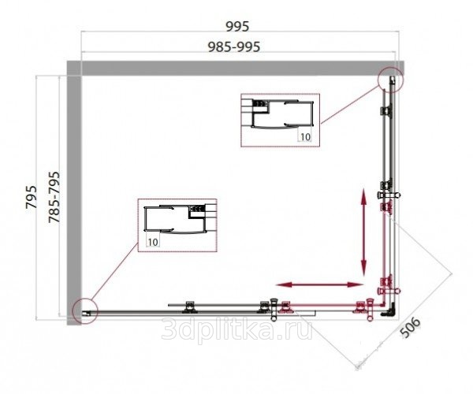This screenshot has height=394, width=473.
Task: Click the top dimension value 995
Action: pos(237,26)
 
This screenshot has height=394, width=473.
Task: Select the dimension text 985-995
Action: pos(234,46)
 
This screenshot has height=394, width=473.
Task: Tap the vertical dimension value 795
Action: pos(31,197)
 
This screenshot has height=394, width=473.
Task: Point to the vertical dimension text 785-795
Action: pos(54,198)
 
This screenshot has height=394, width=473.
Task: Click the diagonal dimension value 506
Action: pos(410,327)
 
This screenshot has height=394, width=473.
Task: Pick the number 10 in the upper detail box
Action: pos(305,137)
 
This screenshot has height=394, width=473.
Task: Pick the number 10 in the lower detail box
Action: pos(153,242)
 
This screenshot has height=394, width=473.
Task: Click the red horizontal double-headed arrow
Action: pos(320,284)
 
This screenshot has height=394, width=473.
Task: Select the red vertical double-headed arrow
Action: pos(364,232)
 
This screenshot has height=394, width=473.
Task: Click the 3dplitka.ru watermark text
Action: pos(236,329)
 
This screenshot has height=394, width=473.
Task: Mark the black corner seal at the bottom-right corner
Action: pos(389,312)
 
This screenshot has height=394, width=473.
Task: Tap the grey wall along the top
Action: pos(235,68)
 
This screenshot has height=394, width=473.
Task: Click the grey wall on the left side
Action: pos(74,193)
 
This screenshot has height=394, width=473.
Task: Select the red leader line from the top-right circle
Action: pos(350,105)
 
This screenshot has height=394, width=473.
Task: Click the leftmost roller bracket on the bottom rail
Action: pos(190,307)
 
